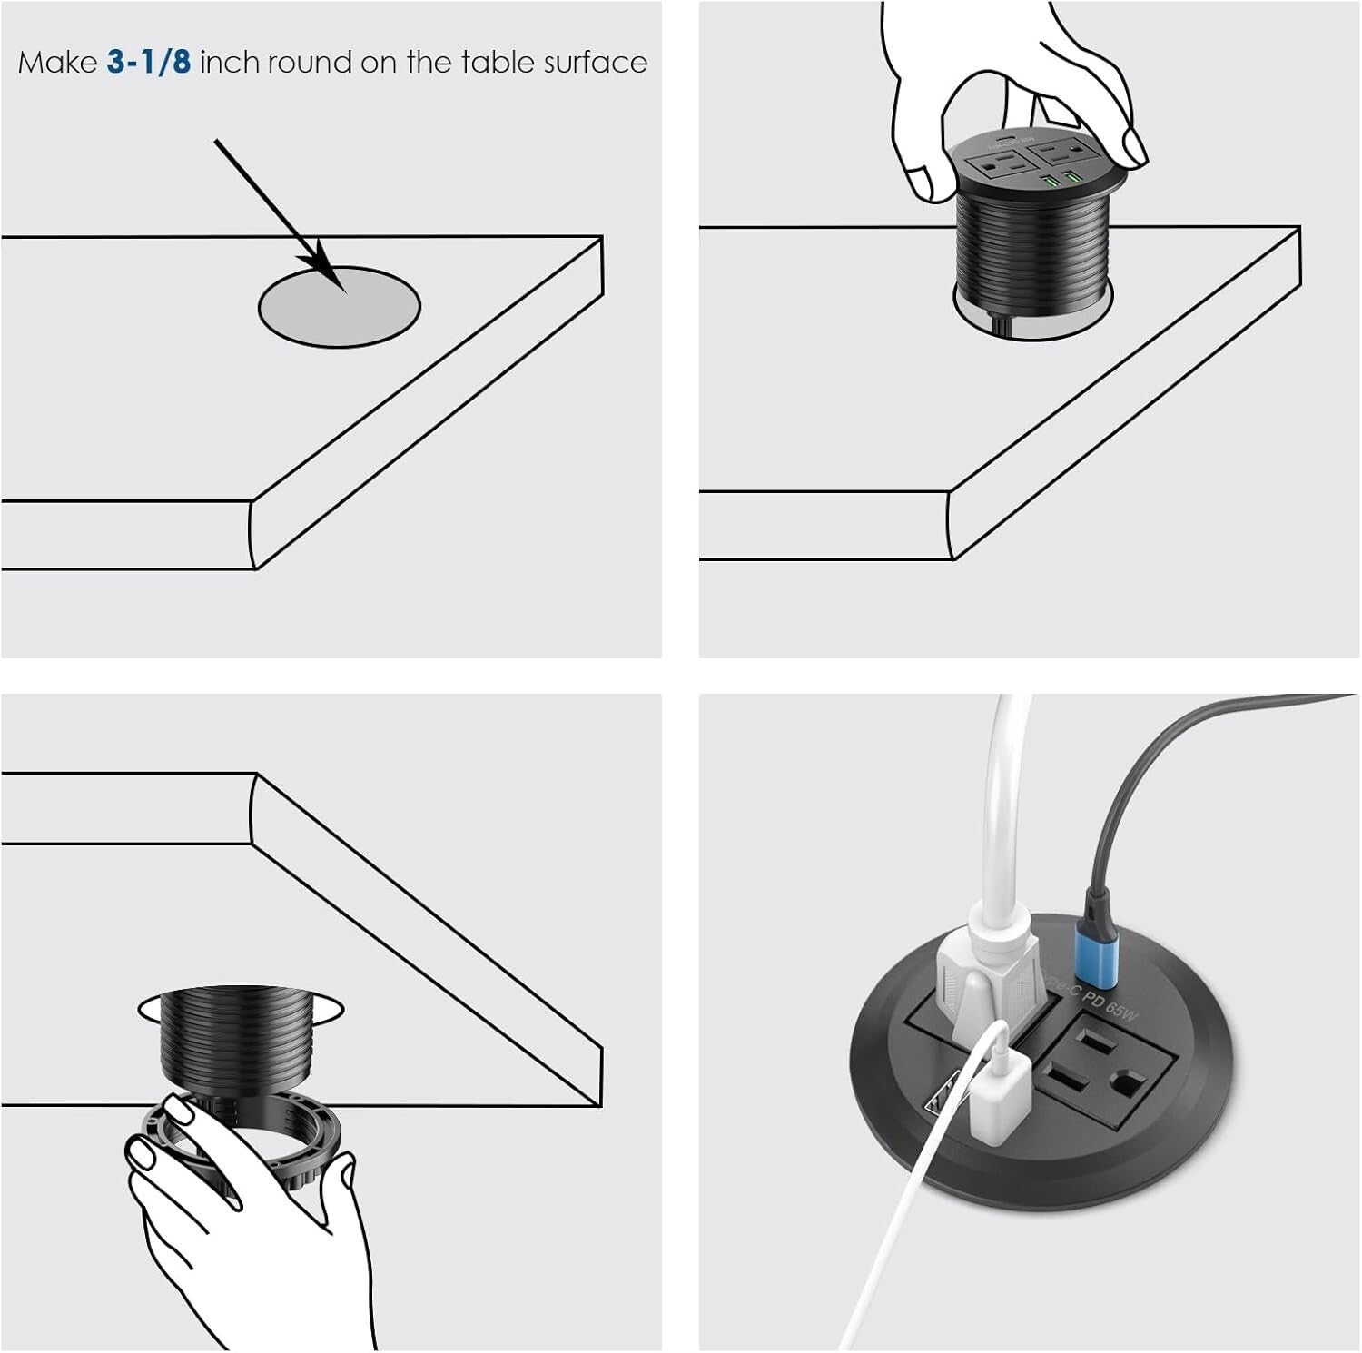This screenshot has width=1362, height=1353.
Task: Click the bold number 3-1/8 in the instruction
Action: coord(149,62)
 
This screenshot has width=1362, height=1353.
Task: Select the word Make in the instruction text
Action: coord(57,62)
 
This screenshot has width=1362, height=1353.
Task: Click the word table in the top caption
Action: coord(498,62)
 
